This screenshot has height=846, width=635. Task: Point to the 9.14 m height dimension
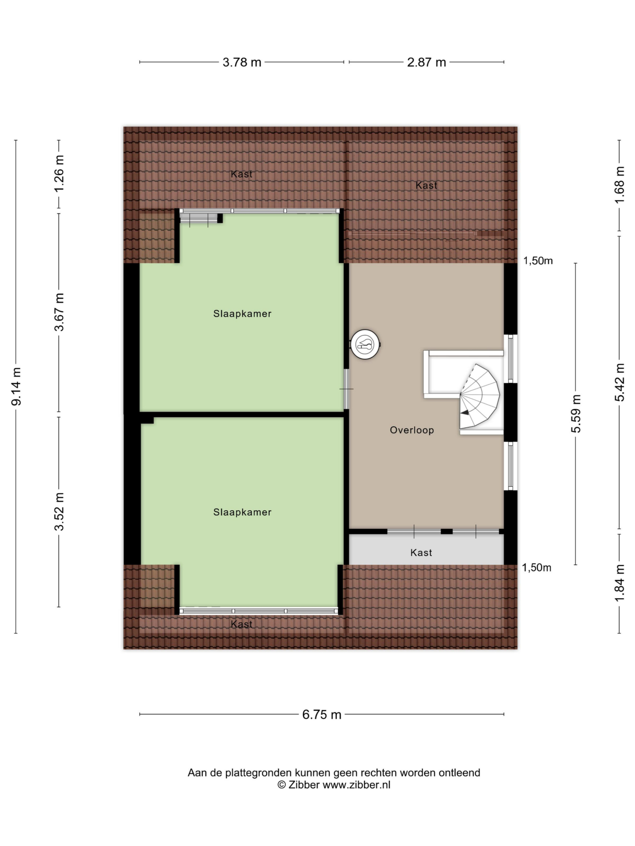[17, 386]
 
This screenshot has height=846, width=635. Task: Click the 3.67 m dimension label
[59, 312]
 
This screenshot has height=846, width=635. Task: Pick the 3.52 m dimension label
[59, 512]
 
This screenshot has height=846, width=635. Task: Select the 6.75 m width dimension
[321, 714]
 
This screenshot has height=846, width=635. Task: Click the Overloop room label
[412, 430]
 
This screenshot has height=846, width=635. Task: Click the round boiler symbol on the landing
[365, 344]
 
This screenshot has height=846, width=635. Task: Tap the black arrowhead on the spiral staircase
[465, 413]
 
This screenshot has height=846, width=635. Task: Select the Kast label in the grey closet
[421, 552]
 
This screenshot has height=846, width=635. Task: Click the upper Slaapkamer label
[242, 314]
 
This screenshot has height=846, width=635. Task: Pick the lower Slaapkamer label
[242, 512]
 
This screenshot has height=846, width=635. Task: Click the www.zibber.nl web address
[356, 785]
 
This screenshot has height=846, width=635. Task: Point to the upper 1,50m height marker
[538, 260]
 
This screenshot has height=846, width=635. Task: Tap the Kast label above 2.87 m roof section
[426, 185]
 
